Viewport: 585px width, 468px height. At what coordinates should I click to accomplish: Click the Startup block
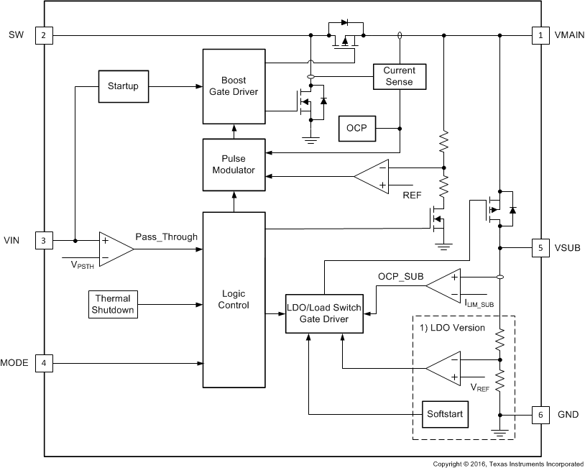(x=123, y=86)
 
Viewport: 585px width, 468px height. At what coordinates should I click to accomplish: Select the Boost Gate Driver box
(x=234, y=86)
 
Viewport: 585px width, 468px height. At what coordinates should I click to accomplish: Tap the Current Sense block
(x=399, y=76)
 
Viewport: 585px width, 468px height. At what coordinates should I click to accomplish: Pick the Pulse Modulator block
(x=234, y=164)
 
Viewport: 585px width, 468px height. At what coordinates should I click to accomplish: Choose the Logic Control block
(x=234, y=299)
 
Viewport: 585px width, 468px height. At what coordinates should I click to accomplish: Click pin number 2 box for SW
(x=44, y=35)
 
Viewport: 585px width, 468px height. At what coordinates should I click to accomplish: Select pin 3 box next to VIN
(x=44, y=241)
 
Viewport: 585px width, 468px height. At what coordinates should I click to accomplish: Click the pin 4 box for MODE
(x=44, y=363)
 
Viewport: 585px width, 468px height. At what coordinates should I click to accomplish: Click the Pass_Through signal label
(x=166, y=237)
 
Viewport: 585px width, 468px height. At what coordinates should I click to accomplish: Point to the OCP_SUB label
(x=401, y=276)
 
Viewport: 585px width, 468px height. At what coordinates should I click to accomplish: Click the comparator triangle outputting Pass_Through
(x=114, y=249)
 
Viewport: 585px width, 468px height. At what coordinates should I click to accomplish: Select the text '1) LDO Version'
(x=452, y=328)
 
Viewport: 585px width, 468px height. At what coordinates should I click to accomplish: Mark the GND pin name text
(x=565, y=415)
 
